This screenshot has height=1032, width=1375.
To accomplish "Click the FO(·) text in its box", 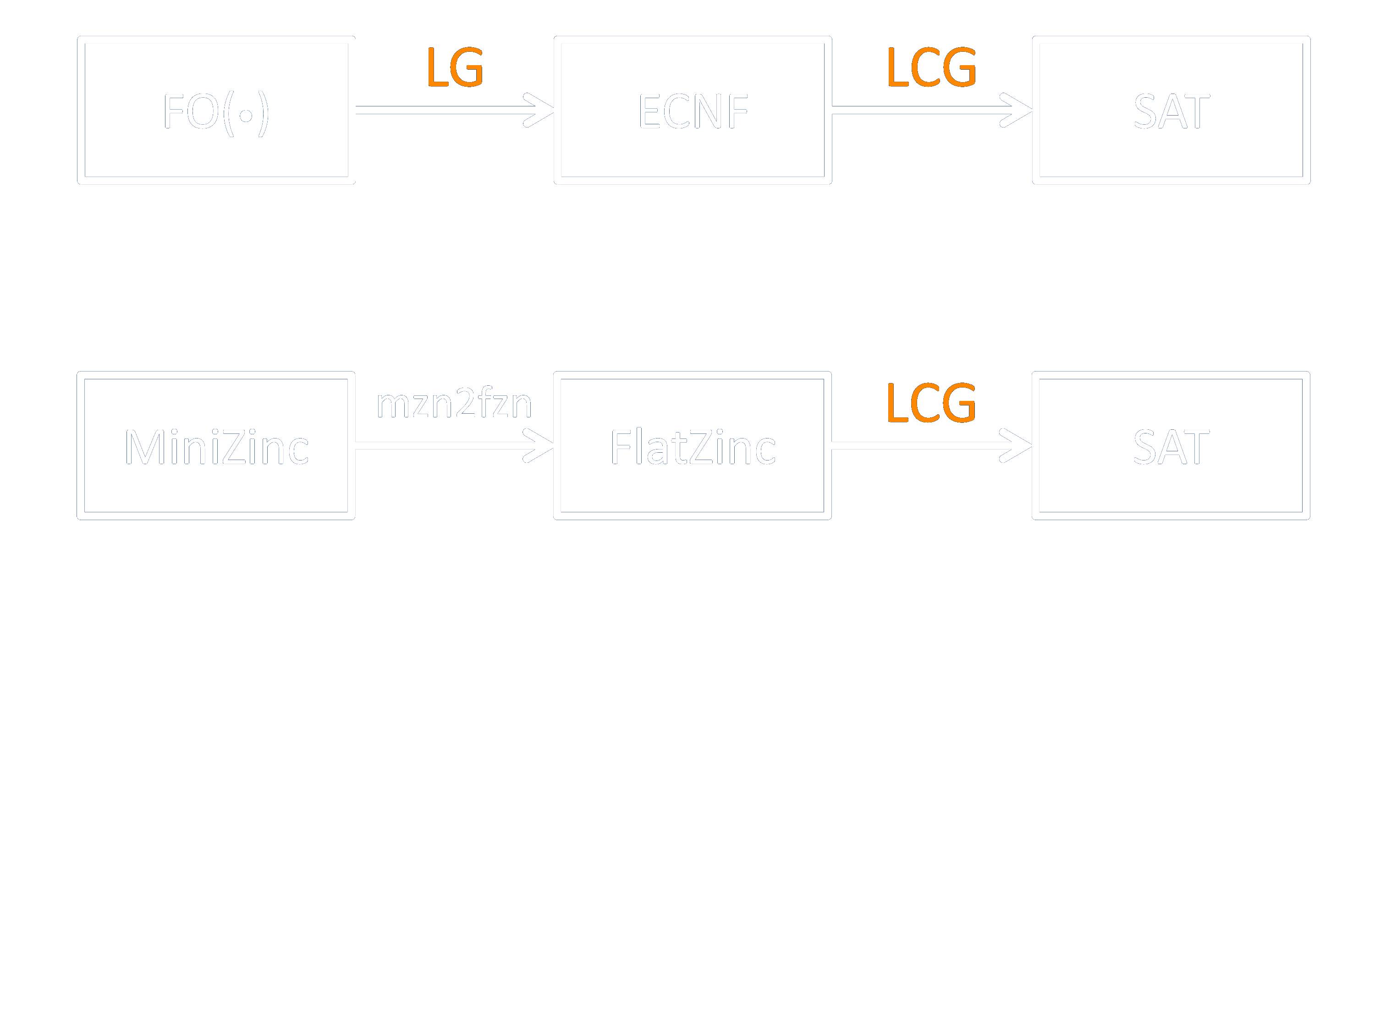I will [216, 112].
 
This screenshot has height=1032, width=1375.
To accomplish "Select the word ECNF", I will [693, 111].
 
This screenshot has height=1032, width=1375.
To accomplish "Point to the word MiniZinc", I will [216, 447].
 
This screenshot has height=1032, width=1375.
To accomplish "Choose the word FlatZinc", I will [693, 447].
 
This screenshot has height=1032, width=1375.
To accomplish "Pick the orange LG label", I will [454, 67].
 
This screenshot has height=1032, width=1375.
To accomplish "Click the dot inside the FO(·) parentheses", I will [246, 115].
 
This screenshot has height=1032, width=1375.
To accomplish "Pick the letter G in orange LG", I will [467, 67].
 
